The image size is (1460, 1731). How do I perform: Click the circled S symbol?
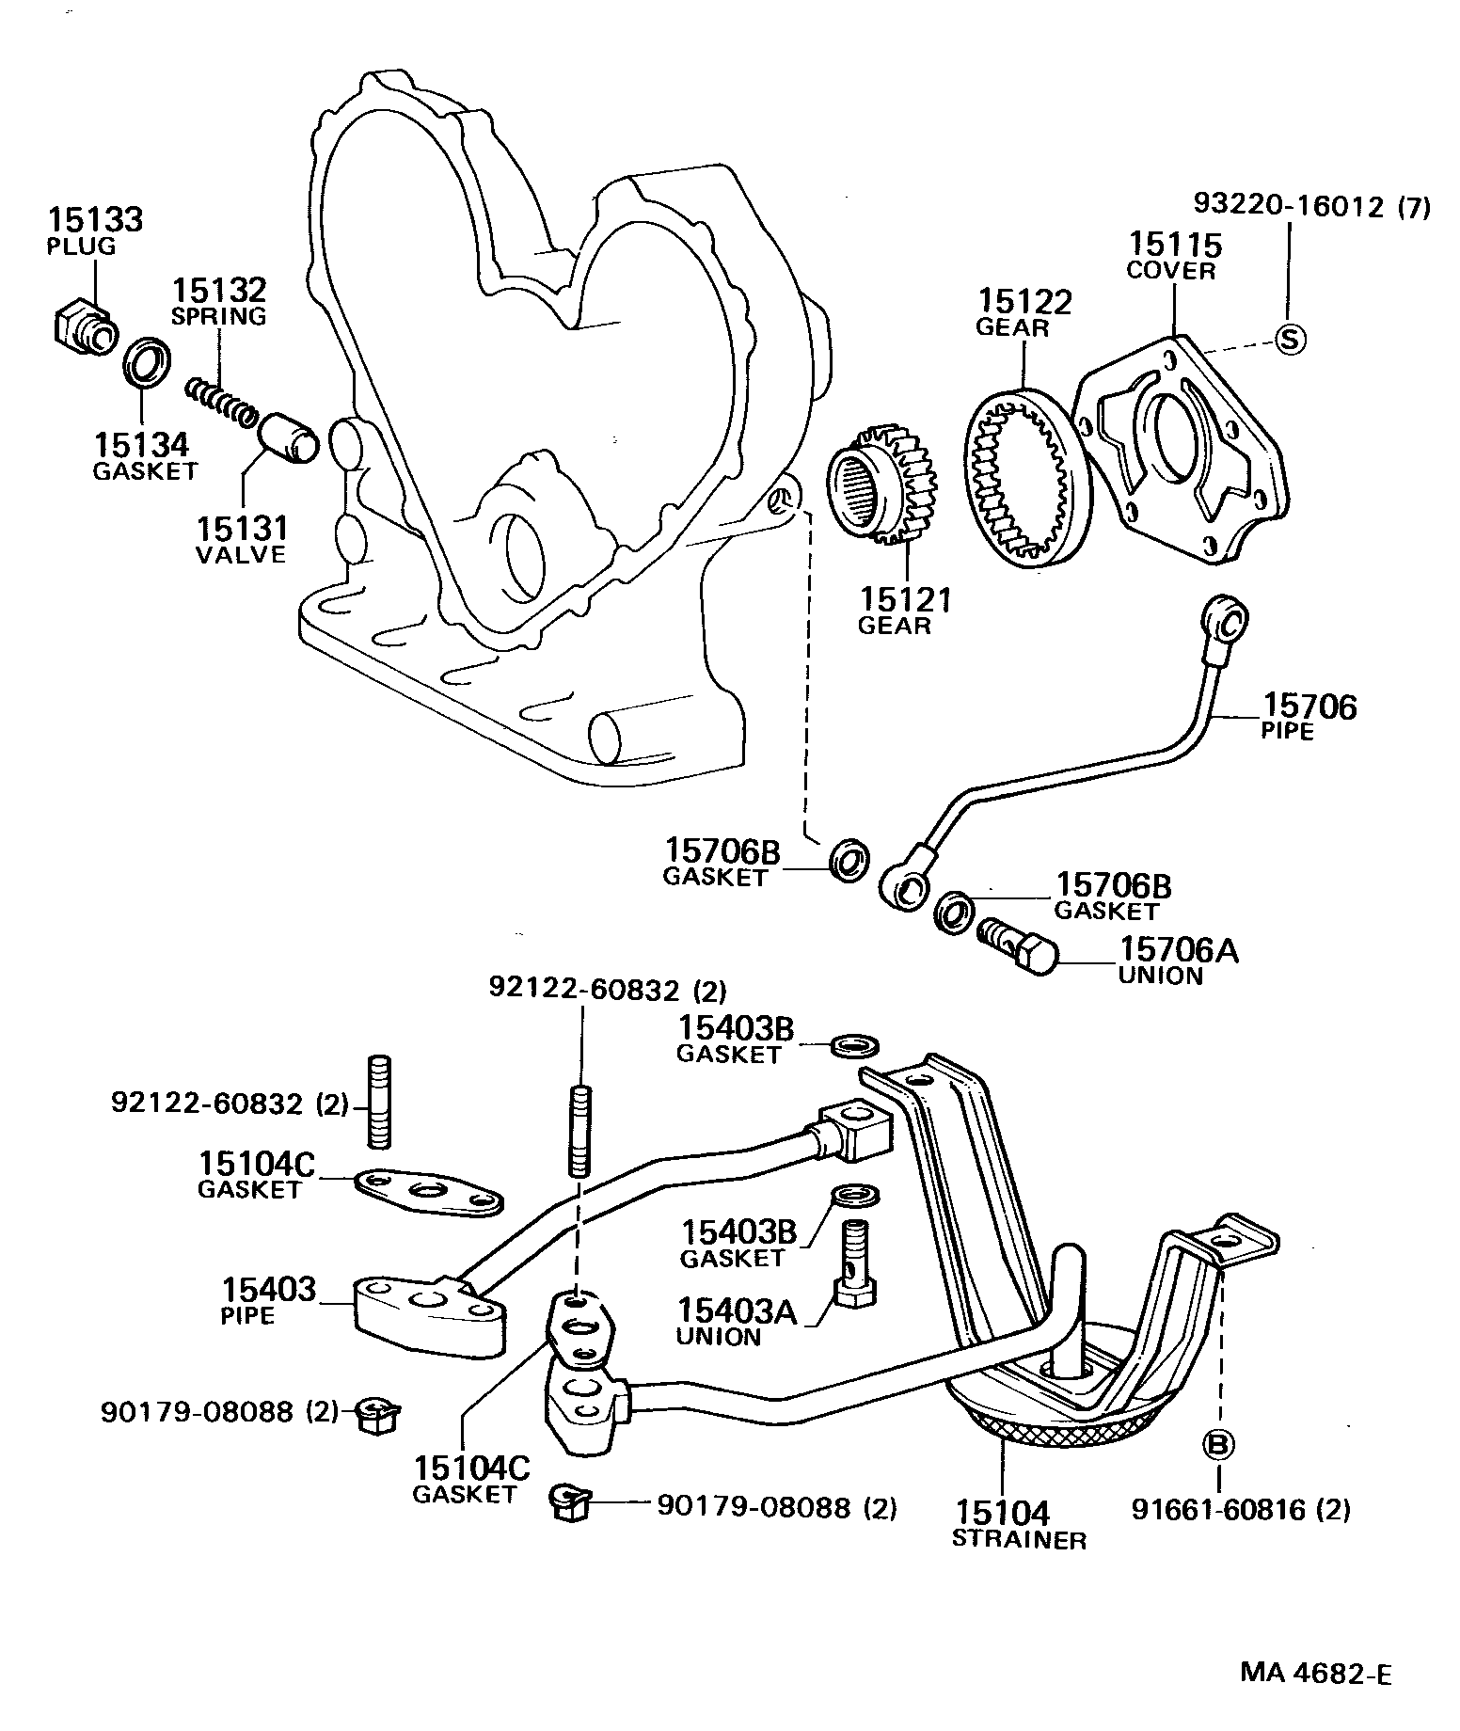pyautogui.click(x=1290, y=339)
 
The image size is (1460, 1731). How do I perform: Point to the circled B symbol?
pyautogui.click(x=1218, y=1444)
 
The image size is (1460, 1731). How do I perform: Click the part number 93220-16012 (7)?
pyautogui.click(x=1311, y=206)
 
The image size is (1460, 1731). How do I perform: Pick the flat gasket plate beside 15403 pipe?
pyautogui.click(x=428, y=1195)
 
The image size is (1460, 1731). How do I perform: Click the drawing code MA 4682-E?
pyautogui.click(x=1315, y=1673)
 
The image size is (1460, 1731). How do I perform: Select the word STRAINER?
pyautogui.click(x=1018, y=1539)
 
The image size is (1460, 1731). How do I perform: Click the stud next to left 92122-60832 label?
pyautogui.click(x=379, y=1103)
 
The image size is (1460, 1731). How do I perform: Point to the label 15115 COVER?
pyautogui.click(x=1173, y=257)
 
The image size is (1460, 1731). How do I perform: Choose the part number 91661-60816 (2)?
pyautogui.click(x=1240, y=1510)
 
